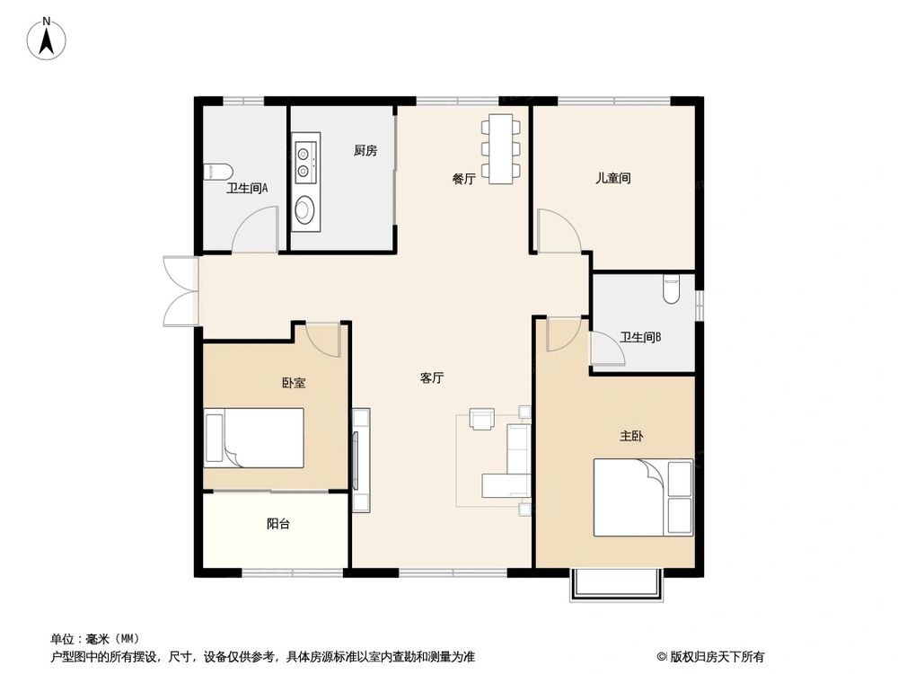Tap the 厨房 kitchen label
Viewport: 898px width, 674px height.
click(365, 151)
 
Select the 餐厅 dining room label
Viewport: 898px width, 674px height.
click(463, 179)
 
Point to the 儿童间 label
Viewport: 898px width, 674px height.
click(612, 178)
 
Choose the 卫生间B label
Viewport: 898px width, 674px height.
click(641, 338)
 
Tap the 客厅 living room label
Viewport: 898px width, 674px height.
click(432, 378)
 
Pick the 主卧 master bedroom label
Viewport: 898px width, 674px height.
click(631, 436)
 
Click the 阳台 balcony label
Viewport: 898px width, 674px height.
click(278, 524)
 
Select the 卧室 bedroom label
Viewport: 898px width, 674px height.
click(294, 383)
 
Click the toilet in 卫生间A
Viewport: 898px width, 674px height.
click(218, 171)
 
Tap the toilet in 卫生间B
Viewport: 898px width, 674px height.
click(672, 288)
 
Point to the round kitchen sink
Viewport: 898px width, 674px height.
click(305, 211)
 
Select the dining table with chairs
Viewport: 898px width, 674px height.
click(498, 148)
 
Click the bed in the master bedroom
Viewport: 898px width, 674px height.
click(641, 497)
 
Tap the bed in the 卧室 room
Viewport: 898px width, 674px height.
click(254, 438)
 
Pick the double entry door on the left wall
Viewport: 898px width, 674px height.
click(180, 291)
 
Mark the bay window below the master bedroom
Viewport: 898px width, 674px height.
click(616, 583)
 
